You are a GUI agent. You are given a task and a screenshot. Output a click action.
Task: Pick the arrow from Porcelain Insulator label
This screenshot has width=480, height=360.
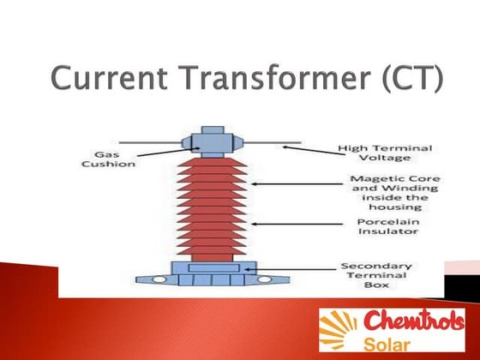point(287,224)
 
